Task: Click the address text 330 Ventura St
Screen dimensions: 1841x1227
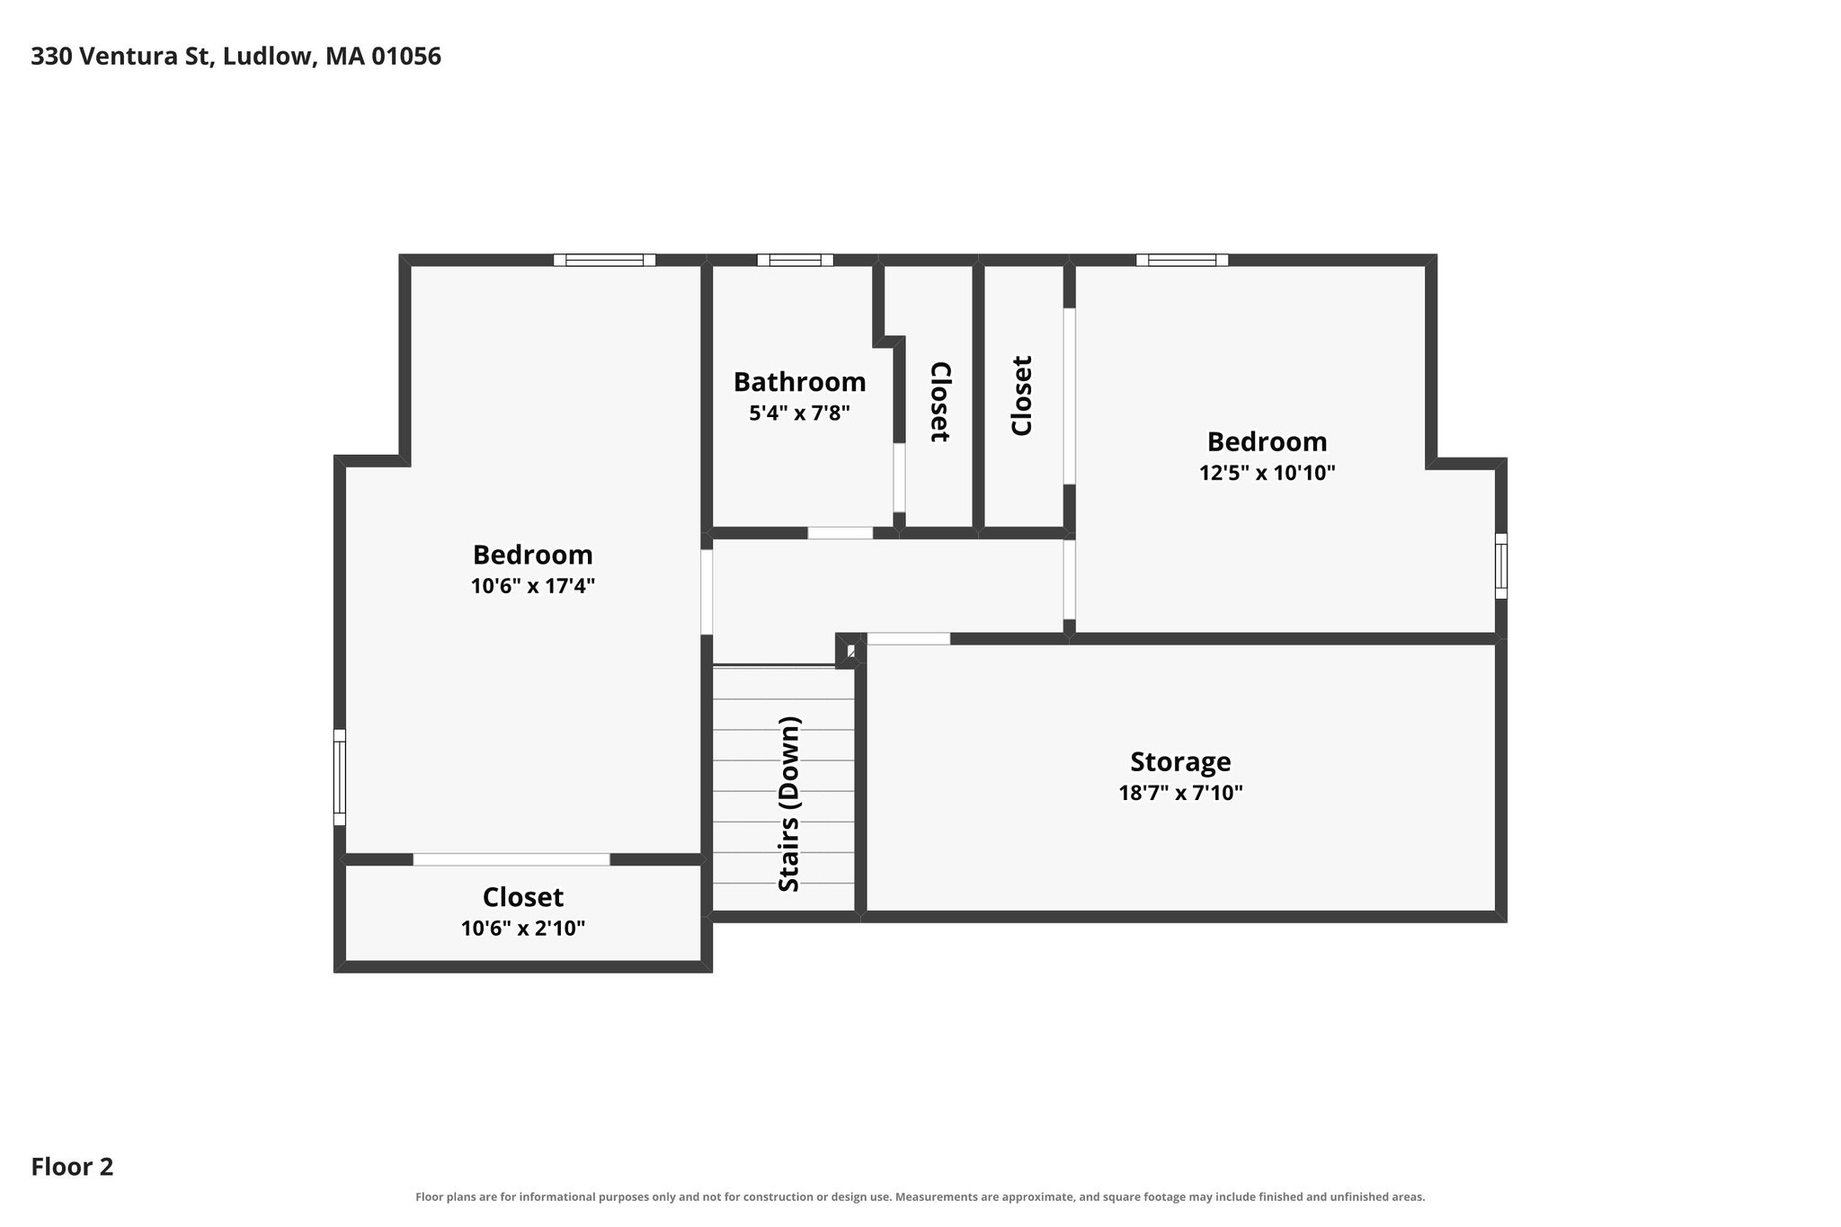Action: tap(122, 57)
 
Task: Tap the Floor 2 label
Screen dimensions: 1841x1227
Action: tap(72, 1167)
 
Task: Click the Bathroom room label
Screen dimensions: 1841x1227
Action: tap(799, 382)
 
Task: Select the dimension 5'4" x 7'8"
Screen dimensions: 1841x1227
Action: tap(799, 413)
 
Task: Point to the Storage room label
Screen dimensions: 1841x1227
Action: tap(1180, 762)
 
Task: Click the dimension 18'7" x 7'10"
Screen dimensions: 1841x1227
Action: tap(1180, 793)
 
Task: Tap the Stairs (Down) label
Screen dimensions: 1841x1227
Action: tap(789, 804)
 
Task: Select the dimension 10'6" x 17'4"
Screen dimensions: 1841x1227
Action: tap(533, 586)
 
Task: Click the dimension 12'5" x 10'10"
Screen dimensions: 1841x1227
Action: tap(1267, 473)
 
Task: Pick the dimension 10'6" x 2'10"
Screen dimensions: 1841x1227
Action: tap(523, 929)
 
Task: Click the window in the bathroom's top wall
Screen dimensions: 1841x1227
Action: tap(795, 261)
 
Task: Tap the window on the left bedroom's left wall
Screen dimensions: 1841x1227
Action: tap(340, 777)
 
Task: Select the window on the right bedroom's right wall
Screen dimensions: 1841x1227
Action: tap(1501, 565)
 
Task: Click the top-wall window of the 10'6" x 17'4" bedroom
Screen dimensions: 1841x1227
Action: tap(604, 261)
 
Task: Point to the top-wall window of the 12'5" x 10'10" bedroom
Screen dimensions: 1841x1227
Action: tap(1182, 261)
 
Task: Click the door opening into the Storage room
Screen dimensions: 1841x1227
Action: tap(908, 639)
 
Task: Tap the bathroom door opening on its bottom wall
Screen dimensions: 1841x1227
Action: tap(840, 533)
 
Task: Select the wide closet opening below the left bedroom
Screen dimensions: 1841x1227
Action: tap(511, 860)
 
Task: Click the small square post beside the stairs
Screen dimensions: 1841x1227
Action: tap(850, 650)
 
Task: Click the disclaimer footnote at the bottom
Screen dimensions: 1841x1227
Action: tap(920, 1197)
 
